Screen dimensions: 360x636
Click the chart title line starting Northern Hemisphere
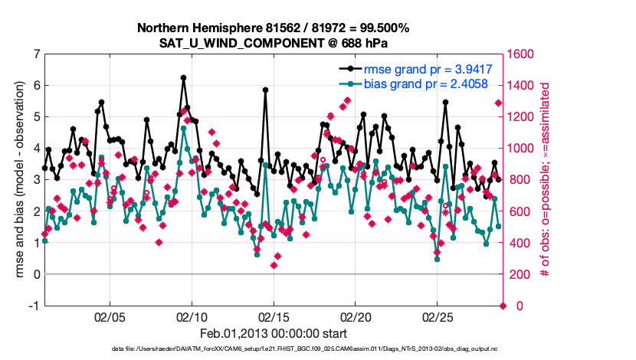coord(273,28)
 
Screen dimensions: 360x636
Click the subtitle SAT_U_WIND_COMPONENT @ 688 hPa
coord(273,43)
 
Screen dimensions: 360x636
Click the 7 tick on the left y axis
coord(34,54)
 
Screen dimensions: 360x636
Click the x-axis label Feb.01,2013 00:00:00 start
coord(274,333)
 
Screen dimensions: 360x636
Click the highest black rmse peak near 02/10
coord(183,77)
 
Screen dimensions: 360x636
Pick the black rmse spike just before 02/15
coord(265,90)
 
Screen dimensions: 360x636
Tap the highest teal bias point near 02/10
coord(183,129)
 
